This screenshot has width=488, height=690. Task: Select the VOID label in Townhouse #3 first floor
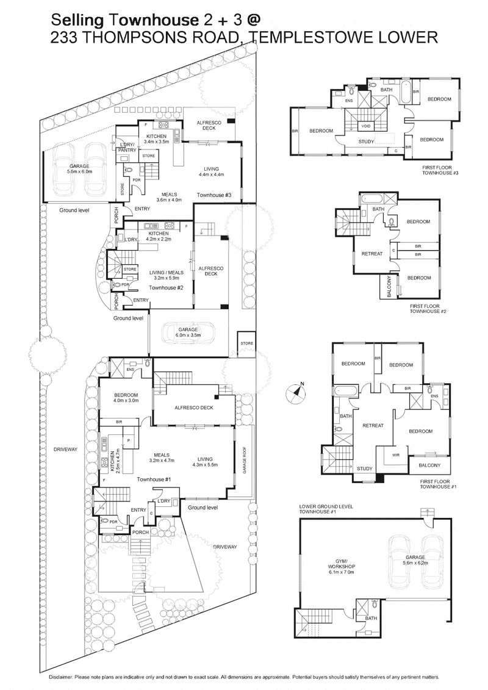click(x=365, y=126)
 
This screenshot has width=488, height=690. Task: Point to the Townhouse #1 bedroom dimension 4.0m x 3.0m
click(x=126, y=401)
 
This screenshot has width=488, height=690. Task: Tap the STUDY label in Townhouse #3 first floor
click(x=367, y=142)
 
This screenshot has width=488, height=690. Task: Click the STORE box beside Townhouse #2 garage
click(x=246, y=343)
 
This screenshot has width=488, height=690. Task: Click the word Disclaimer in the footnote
click(x=62, y=678)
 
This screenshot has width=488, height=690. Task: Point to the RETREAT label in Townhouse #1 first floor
click(x=373, y=425)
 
